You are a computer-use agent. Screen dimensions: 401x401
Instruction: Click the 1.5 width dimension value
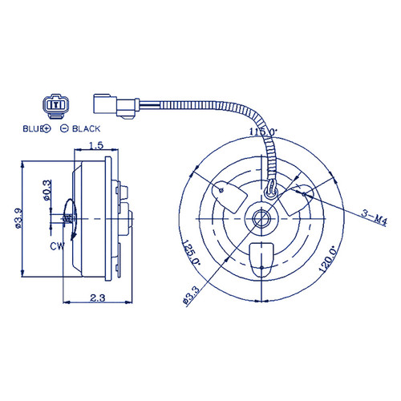pyautogui.click(x=96, y=145)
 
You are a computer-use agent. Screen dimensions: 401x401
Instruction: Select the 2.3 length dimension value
pyautogui.click(x=98, y=298)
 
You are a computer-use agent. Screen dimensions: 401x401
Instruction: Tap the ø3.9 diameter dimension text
pyautogui.click(x=18, y=218)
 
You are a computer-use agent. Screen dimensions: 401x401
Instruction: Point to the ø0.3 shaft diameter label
pyautogui.click(x=47, y=190)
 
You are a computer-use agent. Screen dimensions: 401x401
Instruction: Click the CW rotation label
pyautogui.click(x=57, y=246)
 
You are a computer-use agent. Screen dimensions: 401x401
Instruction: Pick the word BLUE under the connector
pyautogui.click(x=33, y=129)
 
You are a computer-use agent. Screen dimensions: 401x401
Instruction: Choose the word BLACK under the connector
pyautogui.click(x=87, y=129)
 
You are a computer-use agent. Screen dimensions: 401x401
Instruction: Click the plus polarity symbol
pyautogui.click(x=47, y=129)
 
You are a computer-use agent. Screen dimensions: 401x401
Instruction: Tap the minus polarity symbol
pyautogui.click(x=64, y=129)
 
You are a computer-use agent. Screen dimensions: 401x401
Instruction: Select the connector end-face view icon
pyautogui.click(x=56, y=106)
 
